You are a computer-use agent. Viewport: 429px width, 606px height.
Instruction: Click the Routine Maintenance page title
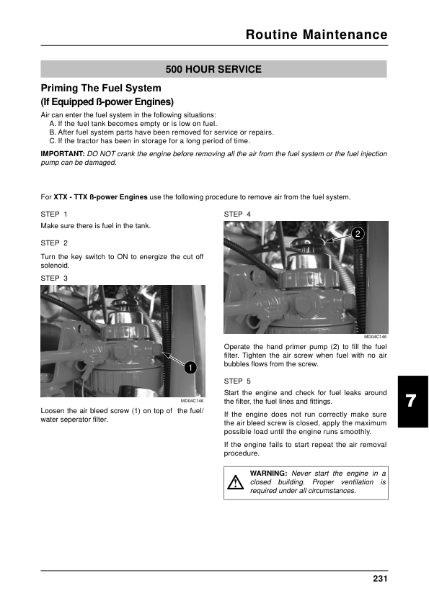coord(317,35)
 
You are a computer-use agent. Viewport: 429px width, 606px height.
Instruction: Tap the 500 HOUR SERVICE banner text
coord(213,70)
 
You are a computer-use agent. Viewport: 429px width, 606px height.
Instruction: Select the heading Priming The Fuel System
coord(101,88)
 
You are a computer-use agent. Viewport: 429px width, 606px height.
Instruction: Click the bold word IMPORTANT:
coord(63,154)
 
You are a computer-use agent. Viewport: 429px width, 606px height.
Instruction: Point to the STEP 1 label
coord(54,214)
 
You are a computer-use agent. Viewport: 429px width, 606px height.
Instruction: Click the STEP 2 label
coord(54,243)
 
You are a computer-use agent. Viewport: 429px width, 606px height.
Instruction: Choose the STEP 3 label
coord(54,279)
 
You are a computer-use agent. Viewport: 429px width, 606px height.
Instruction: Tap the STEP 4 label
coord(237,214)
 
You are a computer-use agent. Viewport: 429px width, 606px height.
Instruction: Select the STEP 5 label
coord(237,381)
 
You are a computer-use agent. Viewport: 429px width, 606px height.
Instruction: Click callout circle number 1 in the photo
coord(190,367)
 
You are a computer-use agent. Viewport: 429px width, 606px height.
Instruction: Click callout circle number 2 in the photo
coord(358,233)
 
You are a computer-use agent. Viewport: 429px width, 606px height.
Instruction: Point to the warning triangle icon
coord(235,482)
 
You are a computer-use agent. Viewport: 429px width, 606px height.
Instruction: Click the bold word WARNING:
coord(268,474)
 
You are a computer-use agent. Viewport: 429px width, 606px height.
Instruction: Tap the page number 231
coord(380,579)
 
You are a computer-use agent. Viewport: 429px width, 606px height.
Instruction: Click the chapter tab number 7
coord(411,401)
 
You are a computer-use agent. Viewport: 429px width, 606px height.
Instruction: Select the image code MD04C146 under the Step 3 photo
coord(192,401)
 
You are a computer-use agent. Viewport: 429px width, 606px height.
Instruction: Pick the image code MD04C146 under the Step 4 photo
coord(375,337)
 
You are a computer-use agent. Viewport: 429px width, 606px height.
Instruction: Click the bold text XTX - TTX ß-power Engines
coord(100,197)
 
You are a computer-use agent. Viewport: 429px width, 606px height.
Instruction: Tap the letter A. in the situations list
coord(53,124)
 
